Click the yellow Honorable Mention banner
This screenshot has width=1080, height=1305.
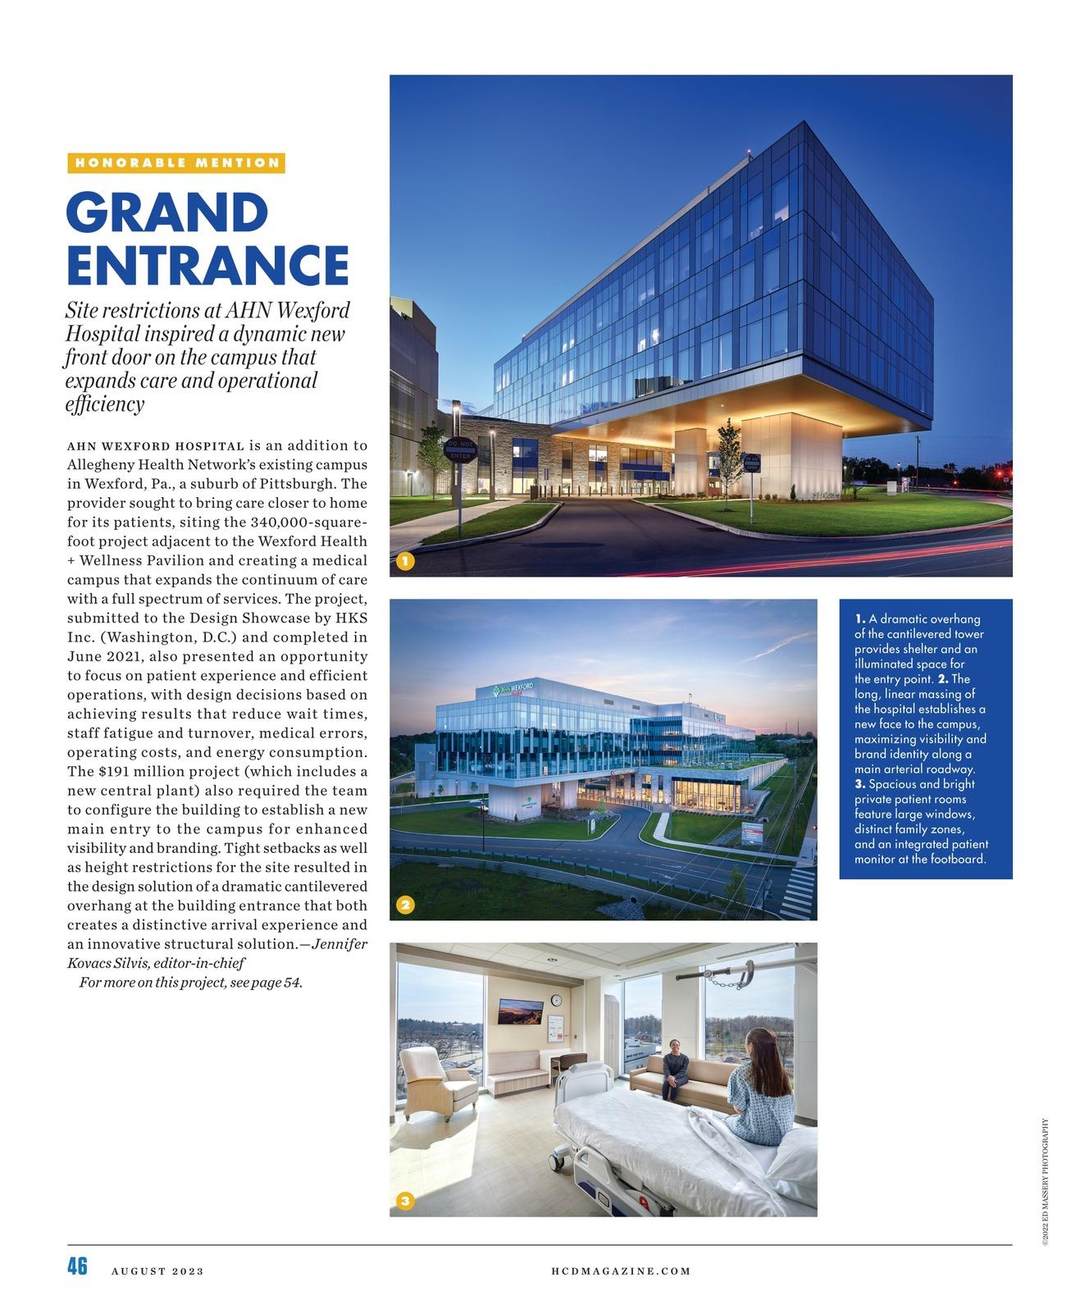coord(176,162)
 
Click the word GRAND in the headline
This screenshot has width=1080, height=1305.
coord(167,212)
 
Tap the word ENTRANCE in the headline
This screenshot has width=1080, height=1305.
coord(207,264)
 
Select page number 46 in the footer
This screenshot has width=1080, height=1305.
coord(77,1266)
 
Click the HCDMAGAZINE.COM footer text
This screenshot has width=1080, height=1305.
coord(621,1271)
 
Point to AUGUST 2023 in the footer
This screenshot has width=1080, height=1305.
coord(157,1271)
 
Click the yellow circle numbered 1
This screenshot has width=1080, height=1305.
coord(405,562)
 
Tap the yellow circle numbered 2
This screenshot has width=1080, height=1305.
coord(405,905)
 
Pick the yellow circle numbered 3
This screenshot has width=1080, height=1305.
coord(405,1202)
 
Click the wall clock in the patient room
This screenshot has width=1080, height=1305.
coord(557,1000)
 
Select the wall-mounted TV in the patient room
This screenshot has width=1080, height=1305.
coord(519,1012)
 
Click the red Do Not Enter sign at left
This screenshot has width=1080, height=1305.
coord(458,449)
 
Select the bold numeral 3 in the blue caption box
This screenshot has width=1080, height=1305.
coord(859,784)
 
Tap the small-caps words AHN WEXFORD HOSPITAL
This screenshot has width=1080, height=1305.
coord(155,446)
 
